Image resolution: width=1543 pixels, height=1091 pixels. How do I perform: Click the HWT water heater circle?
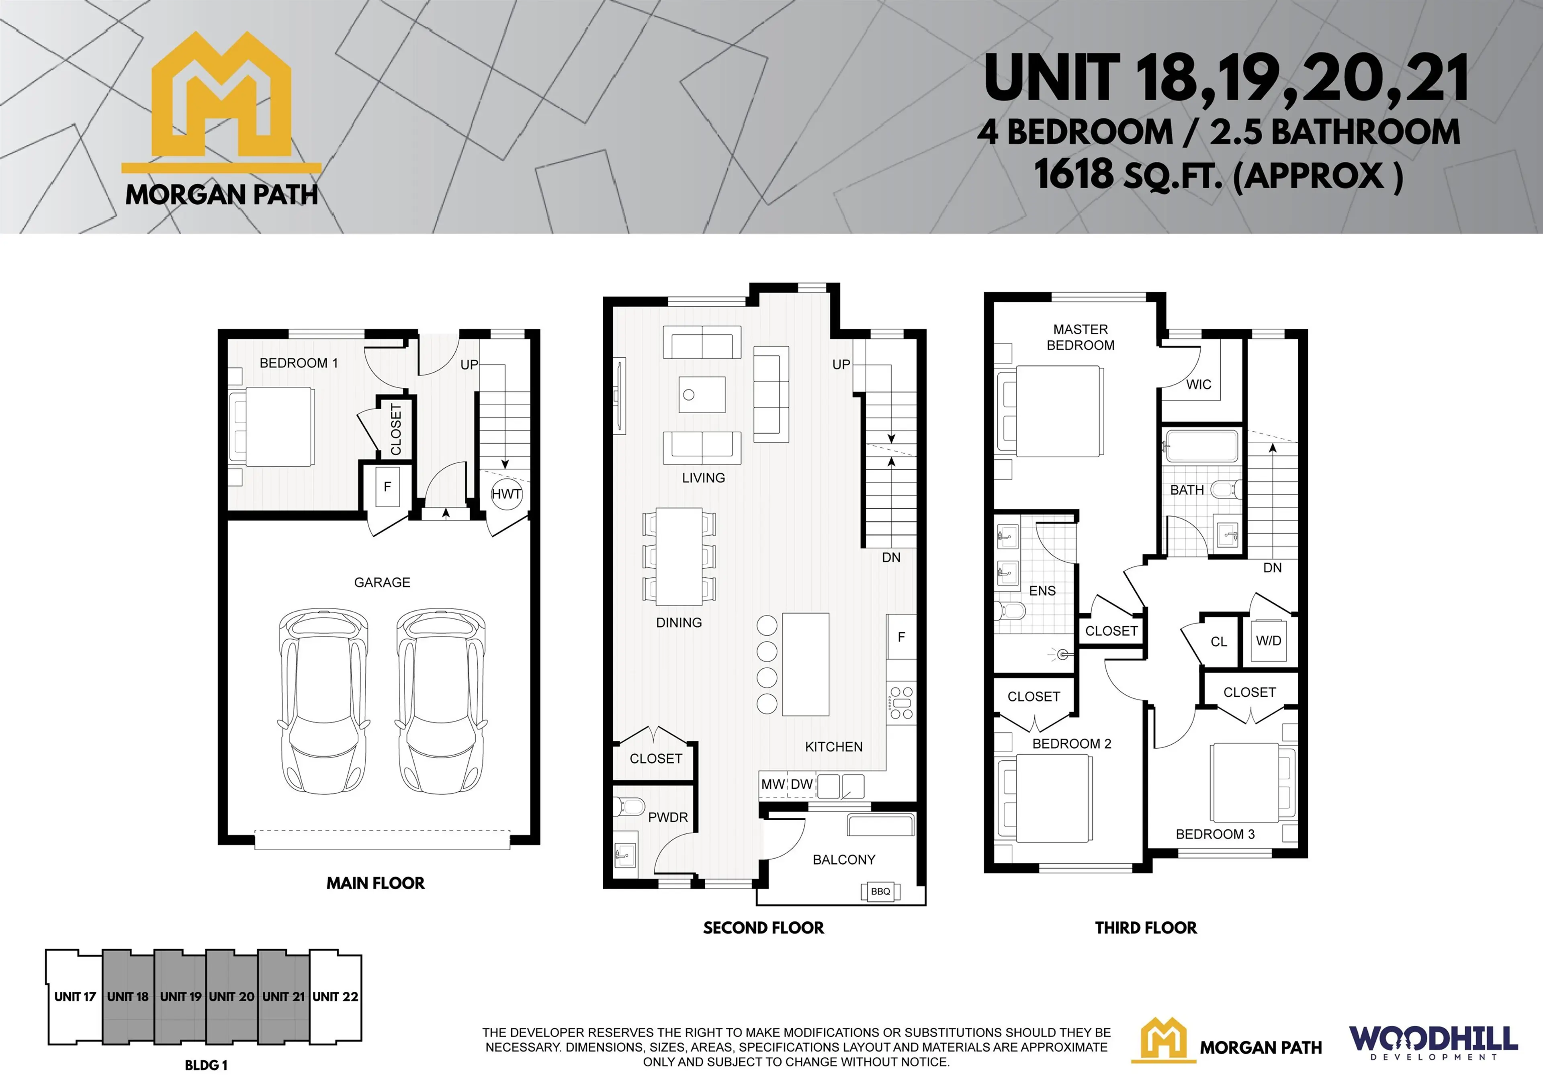506,494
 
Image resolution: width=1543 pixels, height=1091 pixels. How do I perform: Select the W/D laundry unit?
1268,641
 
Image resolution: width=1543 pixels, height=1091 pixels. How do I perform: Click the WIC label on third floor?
1198,385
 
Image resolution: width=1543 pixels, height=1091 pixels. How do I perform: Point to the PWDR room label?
667,817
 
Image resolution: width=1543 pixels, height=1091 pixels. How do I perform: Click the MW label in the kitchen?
773,784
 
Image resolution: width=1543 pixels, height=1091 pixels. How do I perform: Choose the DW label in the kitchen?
801,784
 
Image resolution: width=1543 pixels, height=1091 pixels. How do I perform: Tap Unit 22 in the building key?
336,996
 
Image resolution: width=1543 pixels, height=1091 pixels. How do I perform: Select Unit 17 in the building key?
75,996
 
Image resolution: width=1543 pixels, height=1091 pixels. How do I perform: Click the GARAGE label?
382,582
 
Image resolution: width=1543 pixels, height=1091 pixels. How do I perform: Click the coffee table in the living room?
702,395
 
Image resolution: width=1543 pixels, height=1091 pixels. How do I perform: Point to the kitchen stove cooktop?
900,702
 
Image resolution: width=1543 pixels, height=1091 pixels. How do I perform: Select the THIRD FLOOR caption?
1145,928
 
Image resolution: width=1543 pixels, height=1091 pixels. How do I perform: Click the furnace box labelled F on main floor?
387,487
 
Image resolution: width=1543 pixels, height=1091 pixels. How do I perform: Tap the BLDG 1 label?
206,1065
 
